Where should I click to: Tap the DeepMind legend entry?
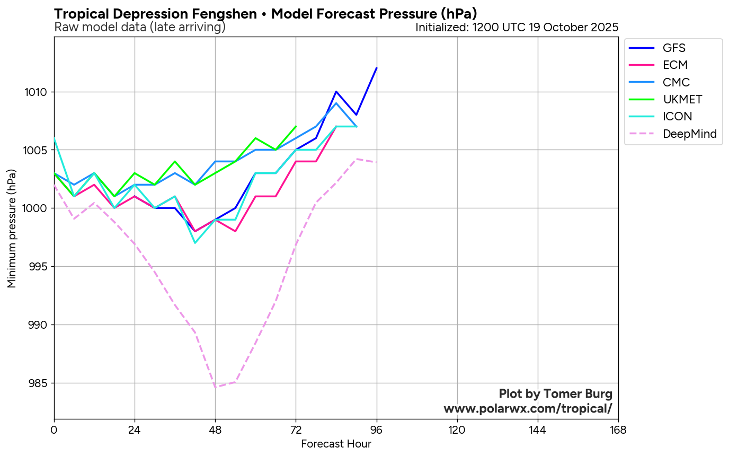[x=689, y=134]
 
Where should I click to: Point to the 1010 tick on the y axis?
[x=37, y=92]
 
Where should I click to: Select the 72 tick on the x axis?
[x=296, y=429]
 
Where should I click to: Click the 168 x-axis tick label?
[x=618, y=429]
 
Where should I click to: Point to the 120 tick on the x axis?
[x=457, y=429]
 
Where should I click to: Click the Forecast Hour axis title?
[x=336, y=444]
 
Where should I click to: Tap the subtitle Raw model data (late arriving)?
[x=140, y=27]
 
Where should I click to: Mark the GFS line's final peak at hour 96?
[x=377, y=68]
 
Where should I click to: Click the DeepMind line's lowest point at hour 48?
[x=215, y=387]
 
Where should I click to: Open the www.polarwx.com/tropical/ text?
[x=528, y=409]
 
